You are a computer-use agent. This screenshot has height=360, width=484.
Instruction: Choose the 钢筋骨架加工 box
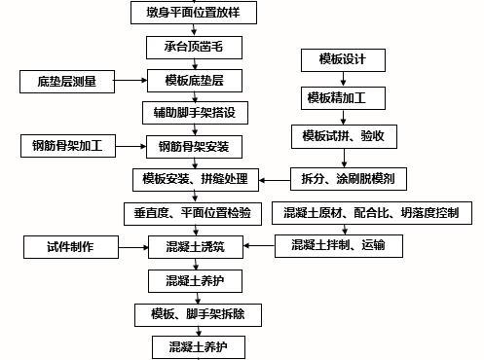pyautogui.click(x=68, y=147)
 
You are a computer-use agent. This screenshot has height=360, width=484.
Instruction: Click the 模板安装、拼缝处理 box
pyautogui.click(x=195, y=180)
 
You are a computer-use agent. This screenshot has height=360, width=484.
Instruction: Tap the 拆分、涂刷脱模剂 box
pyautogui.click(x=349, y=179)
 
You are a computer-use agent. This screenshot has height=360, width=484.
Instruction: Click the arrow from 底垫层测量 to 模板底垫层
pyautogui.click(x=129, y=81)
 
